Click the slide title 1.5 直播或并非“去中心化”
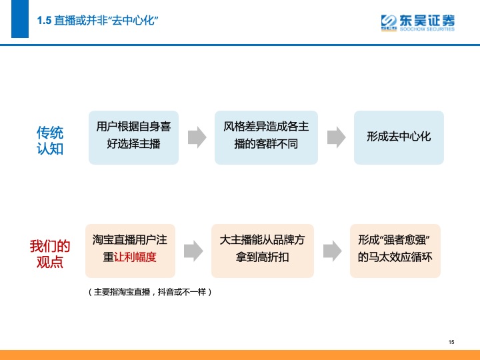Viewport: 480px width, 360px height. pyautogui.click(x=97, y=21)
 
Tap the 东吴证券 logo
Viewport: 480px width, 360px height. pyautogui.click(x=417, y=23)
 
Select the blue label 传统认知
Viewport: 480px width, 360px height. pyautogui.click(x=50, y=141)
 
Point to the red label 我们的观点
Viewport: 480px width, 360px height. pyautogui.click(x=50, y=254)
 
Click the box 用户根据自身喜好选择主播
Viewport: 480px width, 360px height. pyautogui.click(x=133, y=137)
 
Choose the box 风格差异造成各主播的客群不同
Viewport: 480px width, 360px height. pyautogui.click(x=266, y=137)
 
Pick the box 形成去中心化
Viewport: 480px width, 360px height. pyautogui.click(x=399, y=137)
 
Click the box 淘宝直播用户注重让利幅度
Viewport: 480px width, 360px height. pyautogui.click(x=130, y=251)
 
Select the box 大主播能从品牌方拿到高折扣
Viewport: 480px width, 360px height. pyautogui.click(x=263, y=251)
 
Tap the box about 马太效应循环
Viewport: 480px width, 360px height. pyautogui.click(x=395, y=251)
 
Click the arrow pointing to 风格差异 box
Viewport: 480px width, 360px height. pyautogui.click(x=197, y=137)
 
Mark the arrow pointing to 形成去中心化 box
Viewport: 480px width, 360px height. pyautogui.click(x=337, y=137)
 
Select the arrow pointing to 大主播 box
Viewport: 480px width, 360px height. pyautogui.click(x=193, y=251)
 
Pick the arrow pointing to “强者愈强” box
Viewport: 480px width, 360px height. pyautogui.click(x=333, y=251)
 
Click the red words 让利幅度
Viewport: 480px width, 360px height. pyautogui.click(x=135, y=257)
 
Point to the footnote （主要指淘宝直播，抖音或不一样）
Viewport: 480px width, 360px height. pyautogui.click(x=150, y=292)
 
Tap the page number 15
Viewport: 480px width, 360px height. pyautogui.click(x=451, y=342)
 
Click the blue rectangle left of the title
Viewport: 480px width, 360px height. pyautogui.click(x=20, y=19)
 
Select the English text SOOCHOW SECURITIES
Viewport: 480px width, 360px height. pyautogui.click(x=427, y=29)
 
